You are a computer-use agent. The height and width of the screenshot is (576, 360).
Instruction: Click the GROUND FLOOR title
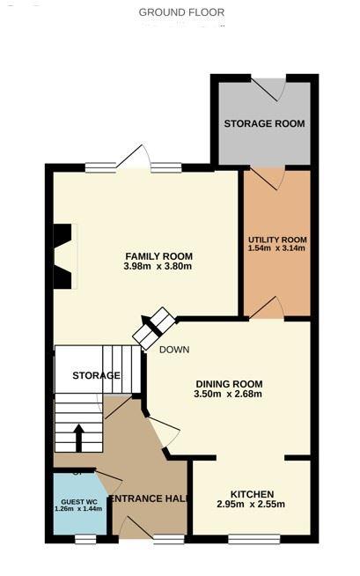(181, 12)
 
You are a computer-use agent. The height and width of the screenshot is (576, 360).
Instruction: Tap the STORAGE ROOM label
(264, 123)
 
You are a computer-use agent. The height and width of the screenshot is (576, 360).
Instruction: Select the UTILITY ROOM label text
(277, 240)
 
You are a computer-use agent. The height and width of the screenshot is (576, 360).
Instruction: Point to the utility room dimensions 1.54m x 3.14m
(277, 249)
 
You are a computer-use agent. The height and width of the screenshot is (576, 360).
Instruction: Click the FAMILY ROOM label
(158, 256)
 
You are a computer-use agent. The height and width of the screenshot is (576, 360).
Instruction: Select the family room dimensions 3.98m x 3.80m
(158, 267)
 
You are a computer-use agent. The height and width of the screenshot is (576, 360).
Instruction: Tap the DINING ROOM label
(228, 383)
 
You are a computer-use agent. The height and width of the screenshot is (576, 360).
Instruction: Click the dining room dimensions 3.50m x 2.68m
(228, 394)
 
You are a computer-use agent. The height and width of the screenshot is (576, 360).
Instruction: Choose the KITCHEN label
(252, 493)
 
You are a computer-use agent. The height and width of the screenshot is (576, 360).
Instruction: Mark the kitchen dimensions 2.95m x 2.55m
(252, 505)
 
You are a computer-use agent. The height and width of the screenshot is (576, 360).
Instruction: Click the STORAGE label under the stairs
(97, 375)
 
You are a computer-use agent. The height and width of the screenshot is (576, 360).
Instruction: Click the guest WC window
(85, 537)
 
